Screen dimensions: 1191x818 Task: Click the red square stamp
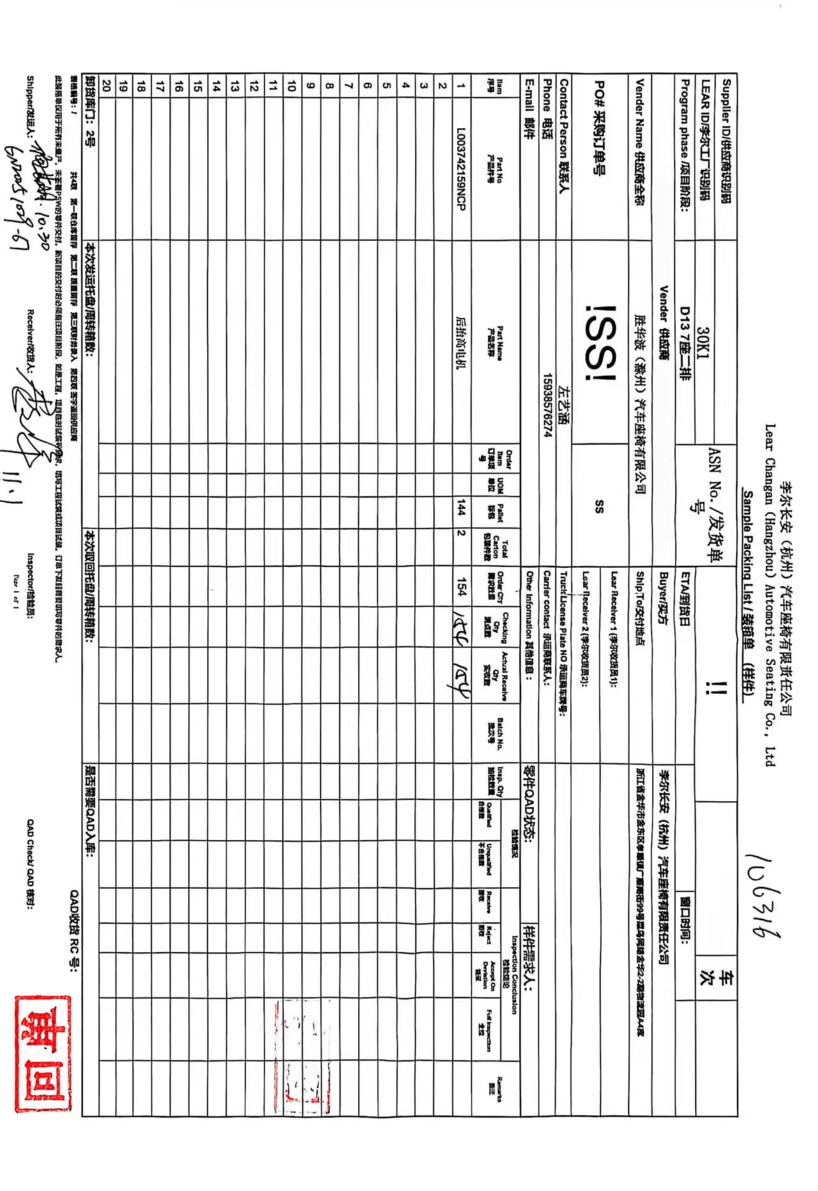coord(43,1053)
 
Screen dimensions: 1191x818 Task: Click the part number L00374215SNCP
coord(461,169)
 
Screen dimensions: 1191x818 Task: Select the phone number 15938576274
coord(547,405)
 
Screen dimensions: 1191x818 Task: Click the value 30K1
coord(703,342)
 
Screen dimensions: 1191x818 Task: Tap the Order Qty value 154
coord(461,587)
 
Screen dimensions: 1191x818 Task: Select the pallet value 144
coord(461,509)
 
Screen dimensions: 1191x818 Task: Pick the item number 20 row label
coord(107,85)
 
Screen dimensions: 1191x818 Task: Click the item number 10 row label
coord(292,85)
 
